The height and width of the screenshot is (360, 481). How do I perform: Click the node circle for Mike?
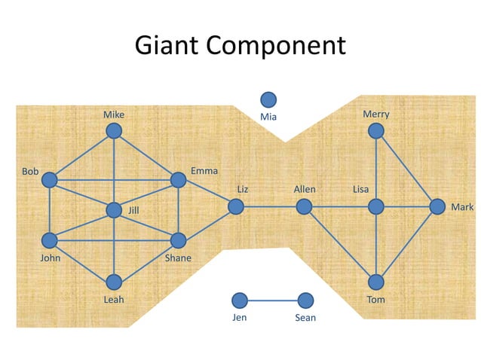(114, 131)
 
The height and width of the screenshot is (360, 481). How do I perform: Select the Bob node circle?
(50, 180)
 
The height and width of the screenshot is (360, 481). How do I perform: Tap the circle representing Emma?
(178, 180)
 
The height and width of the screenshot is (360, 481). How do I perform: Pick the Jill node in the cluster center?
(114, 210)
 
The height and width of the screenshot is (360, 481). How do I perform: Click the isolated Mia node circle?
(268, 99)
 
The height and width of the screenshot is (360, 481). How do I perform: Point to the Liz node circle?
(236, 206)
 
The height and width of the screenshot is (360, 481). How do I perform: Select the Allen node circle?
(304, 206)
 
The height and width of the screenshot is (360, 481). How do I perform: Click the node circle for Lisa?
(376, 206)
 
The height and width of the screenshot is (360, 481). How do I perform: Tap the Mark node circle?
(437, 206)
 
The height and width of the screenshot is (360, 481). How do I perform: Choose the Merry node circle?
(376, 131)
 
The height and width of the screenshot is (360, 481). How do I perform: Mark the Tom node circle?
(376, 282)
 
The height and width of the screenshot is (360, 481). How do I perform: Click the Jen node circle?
(240, 301)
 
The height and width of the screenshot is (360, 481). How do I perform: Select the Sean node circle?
(305, 301)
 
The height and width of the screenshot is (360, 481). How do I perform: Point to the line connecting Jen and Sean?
(272, 301)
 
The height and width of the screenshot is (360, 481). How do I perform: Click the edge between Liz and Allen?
(270, 206)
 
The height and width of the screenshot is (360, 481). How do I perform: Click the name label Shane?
(178, 258)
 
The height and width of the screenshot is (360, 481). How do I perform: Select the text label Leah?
(114, 300)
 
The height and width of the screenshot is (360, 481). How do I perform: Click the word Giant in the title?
(167, 46)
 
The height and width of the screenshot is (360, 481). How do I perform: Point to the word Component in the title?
(275, 46)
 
